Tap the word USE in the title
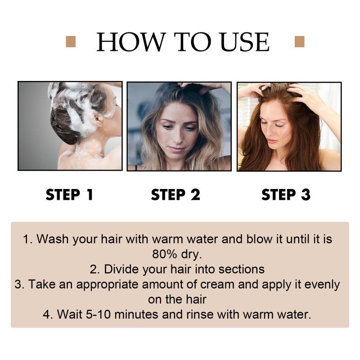pyautogui.click(x=240, y=42)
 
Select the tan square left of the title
pyautogui.click(x=70, y=42)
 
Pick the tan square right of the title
pyautogui.click(x=299, y=42)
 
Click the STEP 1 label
pyautogui.click(x=69, y=195)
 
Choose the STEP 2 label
pyautogui.click(x=175, y=195)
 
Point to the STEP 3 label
pyautogui.click(x=286, y=195)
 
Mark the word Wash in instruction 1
pyautogui.click(x=50, y=238)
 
